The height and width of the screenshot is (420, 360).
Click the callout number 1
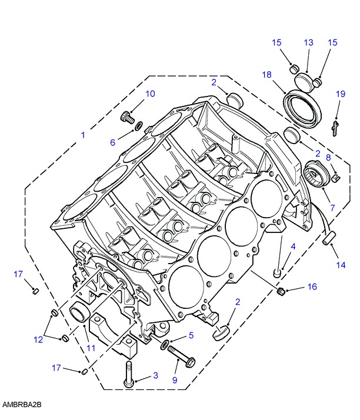(84, 135)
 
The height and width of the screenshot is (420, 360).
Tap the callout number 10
(150, 94)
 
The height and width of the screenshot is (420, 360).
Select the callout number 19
(341, 94)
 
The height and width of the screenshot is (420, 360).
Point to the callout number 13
(309, 42)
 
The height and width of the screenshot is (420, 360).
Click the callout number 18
(267, 75)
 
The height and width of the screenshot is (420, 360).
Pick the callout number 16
(312, 287)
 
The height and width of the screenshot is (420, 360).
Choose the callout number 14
(341, 265)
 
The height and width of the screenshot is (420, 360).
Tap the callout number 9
(175, 380)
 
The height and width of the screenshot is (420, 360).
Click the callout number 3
(156, 375)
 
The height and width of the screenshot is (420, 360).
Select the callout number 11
(91, 348)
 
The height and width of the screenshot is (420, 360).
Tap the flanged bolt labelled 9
(181, 357)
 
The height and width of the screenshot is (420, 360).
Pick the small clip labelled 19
(335, 128)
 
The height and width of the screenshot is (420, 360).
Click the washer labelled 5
(165, 345)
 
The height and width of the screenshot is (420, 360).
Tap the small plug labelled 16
(281, 291)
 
